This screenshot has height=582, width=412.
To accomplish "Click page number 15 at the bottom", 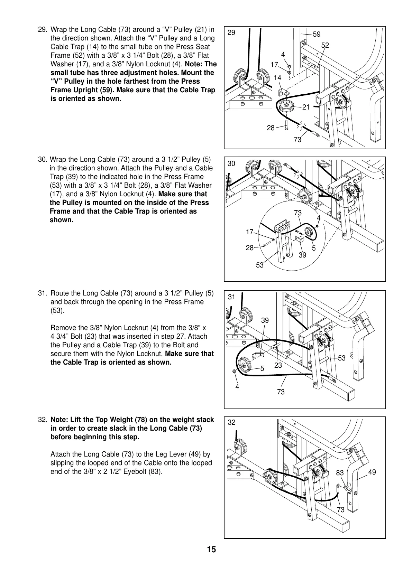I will pyautogui.click(x=211, y=550).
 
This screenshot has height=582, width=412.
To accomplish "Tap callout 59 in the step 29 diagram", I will pyautogui.click(x=317, y=34).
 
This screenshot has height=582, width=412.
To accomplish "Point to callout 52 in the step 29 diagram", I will pyautogui.click(x=325, y=46).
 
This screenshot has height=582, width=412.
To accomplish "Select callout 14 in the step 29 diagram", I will pyautogui.click(x=277, y=78).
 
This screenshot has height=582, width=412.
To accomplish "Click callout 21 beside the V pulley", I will pyautogui.click(x=306, y=107).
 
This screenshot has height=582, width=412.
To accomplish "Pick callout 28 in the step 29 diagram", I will pyautogui.click(x=271, y=128).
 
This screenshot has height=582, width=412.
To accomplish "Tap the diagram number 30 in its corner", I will pyautogui.click(x=231, y=163).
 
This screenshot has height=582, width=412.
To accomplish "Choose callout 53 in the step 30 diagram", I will pyautogui.click(x=259, y=265).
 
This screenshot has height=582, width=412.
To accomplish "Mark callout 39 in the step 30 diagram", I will pyautogui.click(x=302, y=255).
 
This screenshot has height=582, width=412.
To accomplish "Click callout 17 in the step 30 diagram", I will pyautogui.click(x=249, y=232).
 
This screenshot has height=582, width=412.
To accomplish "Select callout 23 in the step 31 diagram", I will pyautogui.click(x=278, y=365).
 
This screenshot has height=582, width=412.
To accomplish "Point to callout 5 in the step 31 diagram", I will pyautogui.click(x=262, y=369).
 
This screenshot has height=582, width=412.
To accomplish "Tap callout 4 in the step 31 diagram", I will pyautogui.click(x=237, y=387).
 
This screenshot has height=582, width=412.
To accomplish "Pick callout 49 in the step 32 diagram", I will pyautogui.click(x=372, y=472).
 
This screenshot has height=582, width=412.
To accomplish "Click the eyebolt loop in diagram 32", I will pyautogui.click(x=348, y=489).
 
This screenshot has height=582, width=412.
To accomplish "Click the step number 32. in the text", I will pyautogui.click(x=43, y=420).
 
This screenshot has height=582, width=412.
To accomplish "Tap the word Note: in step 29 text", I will pyautogui.click(x=196, y=64).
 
